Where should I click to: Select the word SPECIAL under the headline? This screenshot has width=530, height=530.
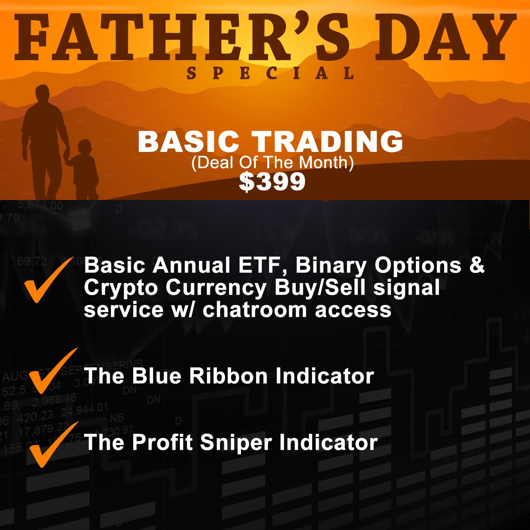tap(270, 73)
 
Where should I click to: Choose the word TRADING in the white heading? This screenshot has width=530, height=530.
tap(329, 142)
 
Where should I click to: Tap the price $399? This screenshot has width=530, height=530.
tap(272, 182)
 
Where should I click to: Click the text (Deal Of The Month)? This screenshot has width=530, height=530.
tap(272, 163)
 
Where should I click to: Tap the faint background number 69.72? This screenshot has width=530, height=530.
tap(32, 261)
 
